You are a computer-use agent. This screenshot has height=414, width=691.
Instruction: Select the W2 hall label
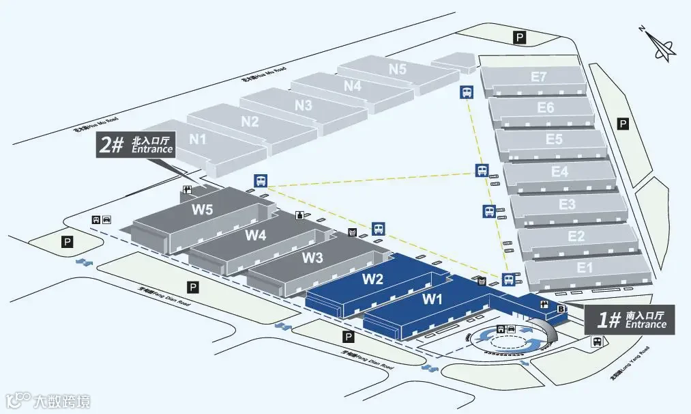[x=372, y=279]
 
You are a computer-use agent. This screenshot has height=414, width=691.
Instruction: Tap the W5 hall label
[x=202, y=210]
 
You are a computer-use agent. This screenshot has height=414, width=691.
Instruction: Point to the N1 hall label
[x=198, y=139]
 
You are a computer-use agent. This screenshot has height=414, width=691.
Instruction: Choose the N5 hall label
[x=398, y=69]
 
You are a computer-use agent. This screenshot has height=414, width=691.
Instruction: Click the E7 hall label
[x=539, y=77]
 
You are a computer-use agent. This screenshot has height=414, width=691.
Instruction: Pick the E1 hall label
[x=585, y=267]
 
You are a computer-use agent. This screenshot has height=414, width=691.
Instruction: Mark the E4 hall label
[x=559, y=171]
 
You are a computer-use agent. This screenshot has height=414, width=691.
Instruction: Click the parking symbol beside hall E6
[x=622, y=124]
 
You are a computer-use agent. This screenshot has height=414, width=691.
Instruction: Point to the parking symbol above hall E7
[x=520, y=38]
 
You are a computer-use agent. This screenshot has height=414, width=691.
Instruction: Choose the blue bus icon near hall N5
[x=467, y=92]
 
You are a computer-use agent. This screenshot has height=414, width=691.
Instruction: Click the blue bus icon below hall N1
[x=261, y=181]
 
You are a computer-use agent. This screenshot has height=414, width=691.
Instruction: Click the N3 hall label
[x=304, y=105]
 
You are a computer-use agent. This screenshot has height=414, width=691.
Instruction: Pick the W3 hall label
[x=312, y=258]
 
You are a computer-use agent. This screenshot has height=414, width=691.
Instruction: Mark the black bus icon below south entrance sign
[x=597, y=342]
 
